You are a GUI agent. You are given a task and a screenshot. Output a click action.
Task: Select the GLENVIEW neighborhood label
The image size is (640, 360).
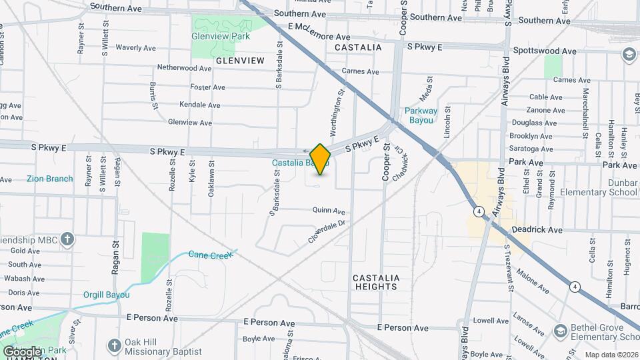(240, 61)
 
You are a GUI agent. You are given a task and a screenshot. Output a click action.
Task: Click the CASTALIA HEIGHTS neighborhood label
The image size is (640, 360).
(375, 282)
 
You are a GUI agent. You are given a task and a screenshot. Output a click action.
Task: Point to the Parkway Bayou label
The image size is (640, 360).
(421, 116)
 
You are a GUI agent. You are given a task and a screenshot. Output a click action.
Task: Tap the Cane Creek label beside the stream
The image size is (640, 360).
(209, 255)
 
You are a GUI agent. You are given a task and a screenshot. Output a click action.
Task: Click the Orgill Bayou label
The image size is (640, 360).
(106, 295)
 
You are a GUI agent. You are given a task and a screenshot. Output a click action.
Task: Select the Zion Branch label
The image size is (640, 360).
(50, 179)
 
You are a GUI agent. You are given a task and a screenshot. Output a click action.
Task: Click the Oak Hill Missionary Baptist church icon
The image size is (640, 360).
(114, 345)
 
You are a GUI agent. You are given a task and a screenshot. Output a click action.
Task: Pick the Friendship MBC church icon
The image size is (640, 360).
(67, 238)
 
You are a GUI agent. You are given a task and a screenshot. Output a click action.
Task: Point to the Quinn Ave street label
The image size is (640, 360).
(329, 210)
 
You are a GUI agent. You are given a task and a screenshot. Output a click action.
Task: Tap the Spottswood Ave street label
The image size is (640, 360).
(545, 51)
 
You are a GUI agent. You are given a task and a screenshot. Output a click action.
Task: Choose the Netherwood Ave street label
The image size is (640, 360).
(184, 68)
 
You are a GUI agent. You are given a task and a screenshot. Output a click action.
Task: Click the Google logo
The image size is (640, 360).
(22, 352)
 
